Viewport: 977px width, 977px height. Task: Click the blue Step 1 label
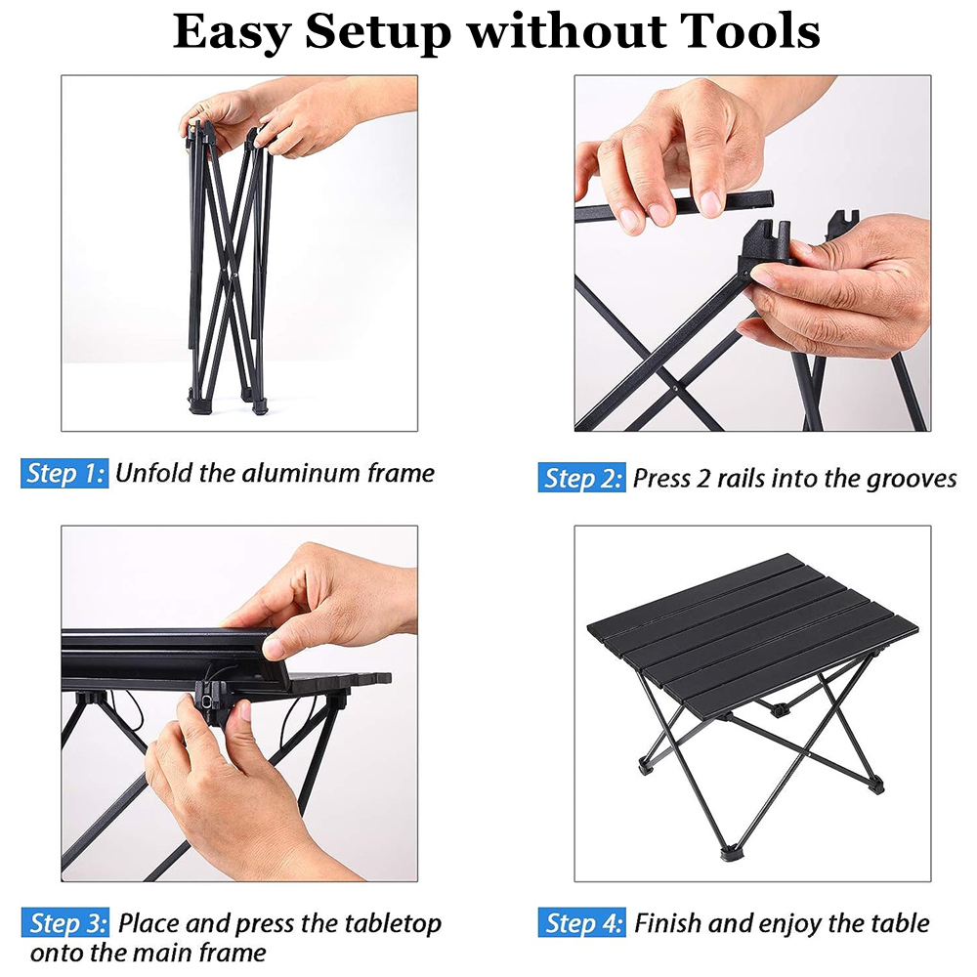(64, 474)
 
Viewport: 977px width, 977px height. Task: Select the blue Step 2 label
(581, 478)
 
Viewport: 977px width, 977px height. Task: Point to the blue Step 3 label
(64, 923)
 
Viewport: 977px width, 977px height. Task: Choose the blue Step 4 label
(582, 923)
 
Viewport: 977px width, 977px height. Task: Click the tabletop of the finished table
(752, 632)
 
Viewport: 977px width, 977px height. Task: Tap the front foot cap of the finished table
(729, 852)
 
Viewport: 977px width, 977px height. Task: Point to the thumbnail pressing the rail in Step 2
(710, 203)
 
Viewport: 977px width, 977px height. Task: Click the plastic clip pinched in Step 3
(209, 703)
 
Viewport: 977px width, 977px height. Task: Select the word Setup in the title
(377, 32)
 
